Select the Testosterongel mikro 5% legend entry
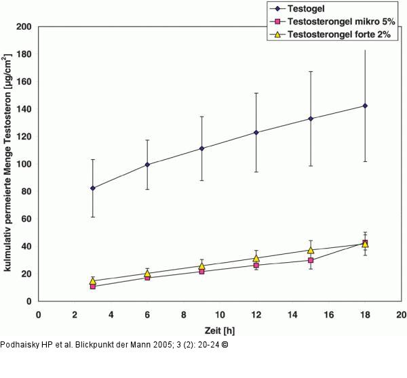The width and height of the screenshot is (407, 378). (x=332, y=22)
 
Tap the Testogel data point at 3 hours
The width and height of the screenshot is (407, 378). (x=93, y=188)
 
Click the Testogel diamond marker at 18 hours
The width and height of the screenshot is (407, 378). (x=365, y=106)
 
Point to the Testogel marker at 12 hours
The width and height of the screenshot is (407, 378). (x=256, y=132)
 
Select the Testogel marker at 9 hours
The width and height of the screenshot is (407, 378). (x=201, y=148)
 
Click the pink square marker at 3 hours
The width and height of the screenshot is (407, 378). (x=93, y=287)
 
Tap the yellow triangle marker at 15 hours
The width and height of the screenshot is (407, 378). (x=311, y=250)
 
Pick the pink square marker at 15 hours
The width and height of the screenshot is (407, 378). (x=311, y=260)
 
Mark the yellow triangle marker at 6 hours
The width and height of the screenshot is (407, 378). (x=147, y=274)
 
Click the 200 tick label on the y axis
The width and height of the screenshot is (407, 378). (x=24, y=27)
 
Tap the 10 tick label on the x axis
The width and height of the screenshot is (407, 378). (x=220, y=314)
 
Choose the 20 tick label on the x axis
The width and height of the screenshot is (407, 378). (x=401, y=314)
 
